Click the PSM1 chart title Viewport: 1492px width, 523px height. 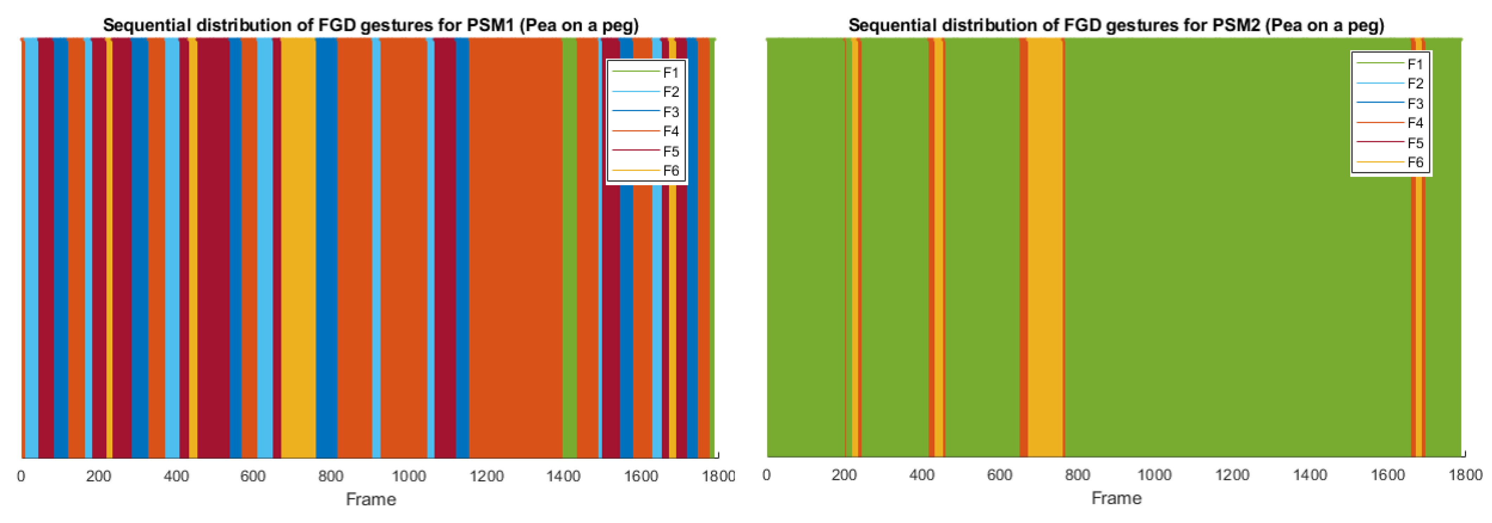click(371, 25)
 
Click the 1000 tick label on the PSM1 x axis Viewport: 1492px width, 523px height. click(409, 476)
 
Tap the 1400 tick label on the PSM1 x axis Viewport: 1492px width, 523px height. click(564, 476)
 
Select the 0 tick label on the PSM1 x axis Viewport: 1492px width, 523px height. click(21, 476)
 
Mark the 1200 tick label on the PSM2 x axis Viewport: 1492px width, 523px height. click(1232, 475)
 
